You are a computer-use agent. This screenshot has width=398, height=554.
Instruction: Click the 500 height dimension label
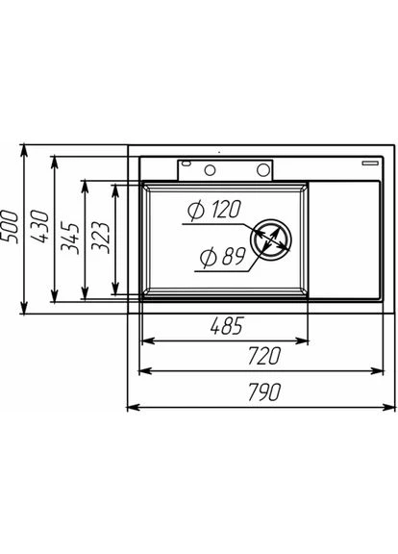click(x=9, y=226)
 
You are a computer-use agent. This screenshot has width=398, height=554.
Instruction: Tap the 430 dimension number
click(x=39, y=226)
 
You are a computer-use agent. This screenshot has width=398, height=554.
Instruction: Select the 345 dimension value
click(x=69, y=237)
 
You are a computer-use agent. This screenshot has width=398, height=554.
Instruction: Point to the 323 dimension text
click(x=100, y=237)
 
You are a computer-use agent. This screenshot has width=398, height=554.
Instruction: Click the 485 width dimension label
click(x=227, y=326)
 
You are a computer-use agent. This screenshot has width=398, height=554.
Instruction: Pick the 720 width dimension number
click(x=264, y=356)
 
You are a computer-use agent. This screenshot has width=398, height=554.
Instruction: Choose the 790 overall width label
click(x=264, y=391)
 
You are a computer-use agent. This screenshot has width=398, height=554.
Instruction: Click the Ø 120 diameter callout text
click(x=214, y=210)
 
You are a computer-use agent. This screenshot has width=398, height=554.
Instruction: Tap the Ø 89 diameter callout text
click(x=222, y=256)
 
